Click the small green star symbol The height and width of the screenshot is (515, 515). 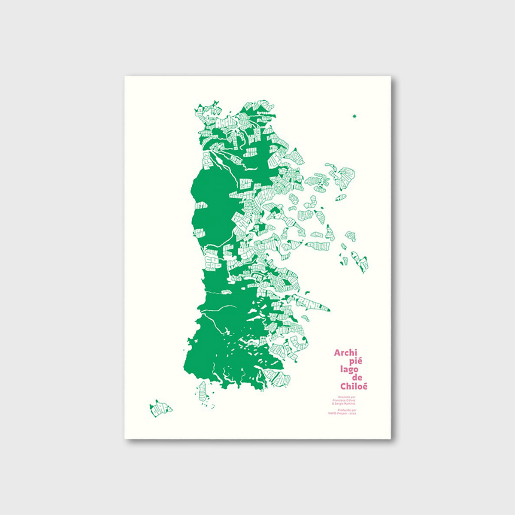[354, 116]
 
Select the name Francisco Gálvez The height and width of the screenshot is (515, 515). [344, 400]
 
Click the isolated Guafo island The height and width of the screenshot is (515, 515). [161, 408]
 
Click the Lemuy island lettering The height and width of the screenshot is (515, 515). [269, 245]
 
